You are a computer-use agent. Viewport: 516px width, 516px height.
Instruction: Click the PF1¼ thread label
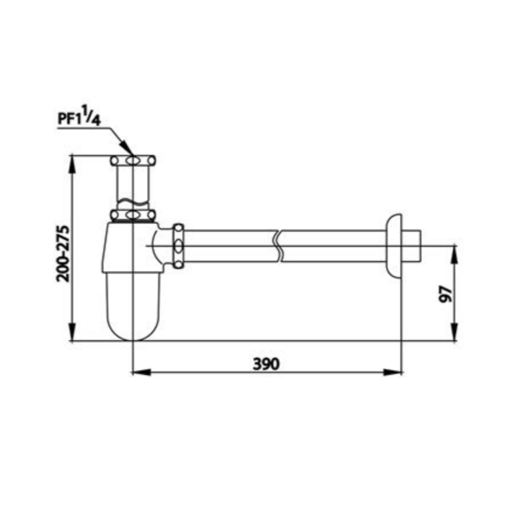click(x=79, y=116)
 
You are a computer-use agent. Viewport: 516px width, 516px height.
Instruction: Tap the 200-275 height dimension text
click(x=63, y=254)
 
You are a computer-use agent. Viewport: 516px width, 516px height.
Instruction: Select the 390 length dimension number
click(x=266, y=363)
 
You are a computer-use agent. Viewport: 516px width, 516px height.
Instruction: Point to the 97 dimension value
click(x=446, y=294)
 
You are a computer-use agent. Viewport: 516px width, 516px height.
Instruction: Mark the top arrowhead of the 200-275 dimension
click(x=73, y=165)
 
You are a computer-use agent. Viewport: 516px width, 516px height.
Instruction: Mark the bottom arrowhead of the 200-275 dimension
click(x=73, y=332)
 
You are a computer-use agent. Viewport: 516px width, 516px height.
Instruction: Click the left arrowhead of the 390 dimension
click(x=142, y=373)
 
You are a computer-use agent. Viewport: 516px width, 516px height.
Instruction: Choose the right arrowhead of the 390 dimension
click(x=393, y=373)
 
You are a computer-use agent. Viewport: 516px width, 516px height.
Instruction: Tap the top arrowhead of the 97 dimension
click(x=454, y=255)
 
